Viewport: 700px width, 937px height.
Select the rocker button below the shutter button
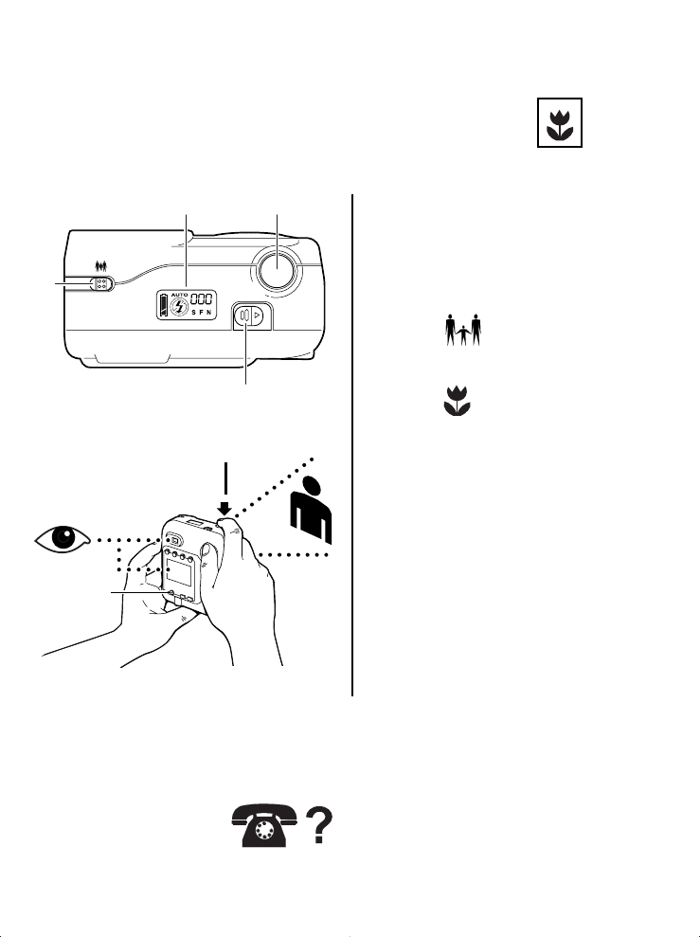click(x=249, y=315)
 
